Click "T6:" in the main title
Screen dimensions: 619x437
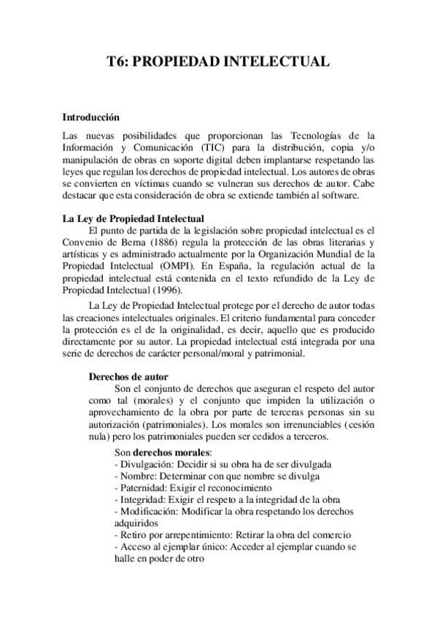120,63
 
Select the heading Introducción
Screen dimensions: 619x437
90,117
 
